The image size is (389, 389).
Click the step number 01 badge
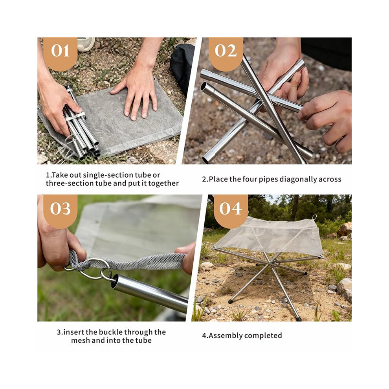[60, 53]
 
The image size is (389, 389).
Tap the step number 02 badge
[226, 53]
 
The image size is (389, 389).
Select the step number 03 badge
[60, 210]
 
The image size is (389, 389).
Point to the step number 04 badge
[231, 210]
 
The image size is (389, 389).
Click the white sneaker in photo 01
[86, 44]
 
